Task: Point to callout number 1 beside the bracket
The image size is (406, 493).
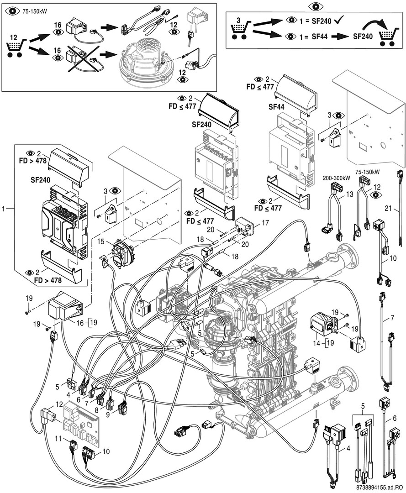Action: (x=5, y=208)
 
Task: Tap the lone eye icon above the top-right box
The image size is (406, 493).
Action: (x=313, y=6)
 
